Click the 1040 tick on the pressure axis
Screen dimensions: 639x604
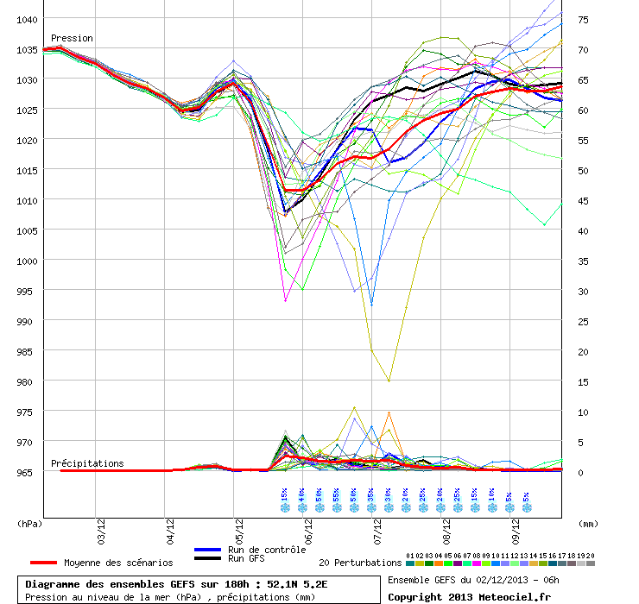point(27,20)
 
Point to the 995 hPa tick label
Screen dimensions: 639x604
point(24,292)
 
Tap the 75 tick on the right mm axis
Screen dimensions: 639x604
point(583,20)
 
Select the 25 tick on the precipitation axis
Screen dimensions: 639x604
point(583,322)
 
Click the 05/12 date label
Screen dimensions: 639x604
point(239,532)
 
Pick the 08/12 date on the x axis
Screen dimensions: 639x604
point(446,532)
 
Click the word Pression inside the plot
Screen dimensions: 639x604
point(72,38)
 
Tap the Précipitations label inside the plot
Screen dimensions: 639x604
point(87,463)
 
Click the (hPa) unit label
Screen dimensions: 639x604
point(29,524)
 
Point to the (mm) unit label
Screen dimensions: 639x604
point(588,524)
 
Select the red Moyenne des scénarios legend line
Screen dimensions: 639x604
point(43,563)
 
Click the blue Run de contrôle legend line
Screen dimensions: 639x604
point(208,550)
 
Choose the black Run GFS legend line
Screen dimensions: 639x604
point(208,558)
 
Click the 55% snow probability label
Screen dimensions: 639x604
point(336,494)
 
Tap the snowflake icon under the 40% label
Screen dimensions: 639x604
point(302,507)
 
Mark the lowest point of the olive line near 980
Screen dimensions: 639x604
point(389,381)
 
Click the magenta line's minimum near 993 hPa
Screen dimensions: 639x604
point(285,300)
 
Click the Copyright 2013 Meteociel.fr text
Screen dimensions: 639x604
point(469,597)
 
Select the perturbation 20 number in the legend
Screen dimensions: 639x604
point(590,556)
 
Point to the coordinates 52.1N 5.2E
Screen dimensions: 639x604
point(297,584)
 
